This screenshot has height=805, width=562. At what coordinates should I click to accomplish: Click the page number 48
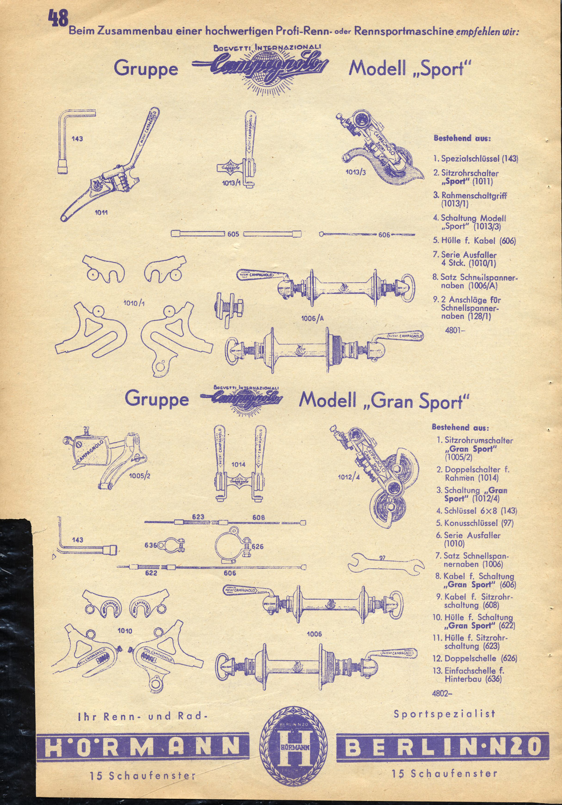coord(59,19)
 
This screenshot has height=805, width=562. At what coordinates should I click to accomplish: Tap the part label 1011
coord(101,212)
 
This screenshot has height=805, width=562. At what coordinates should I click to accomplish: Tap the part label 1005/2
coord(140,476)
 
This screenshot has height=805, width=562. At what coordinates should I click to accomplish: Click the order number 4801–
coord(455,330)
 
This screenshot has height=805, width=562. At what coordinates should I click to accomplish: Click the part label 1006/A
coord(313,319)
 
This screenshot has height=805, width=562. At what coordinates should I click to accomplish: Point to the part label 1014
coord(239,464)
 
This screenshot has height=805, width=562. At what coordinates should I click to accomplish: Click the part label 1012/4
coord(349,477)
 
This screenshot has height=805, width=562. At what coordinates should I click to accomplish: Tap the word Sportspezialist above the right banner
coord(444,714)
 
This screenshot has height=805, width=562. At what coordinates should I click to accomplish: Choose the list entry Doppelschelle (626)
coord(481,659)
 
